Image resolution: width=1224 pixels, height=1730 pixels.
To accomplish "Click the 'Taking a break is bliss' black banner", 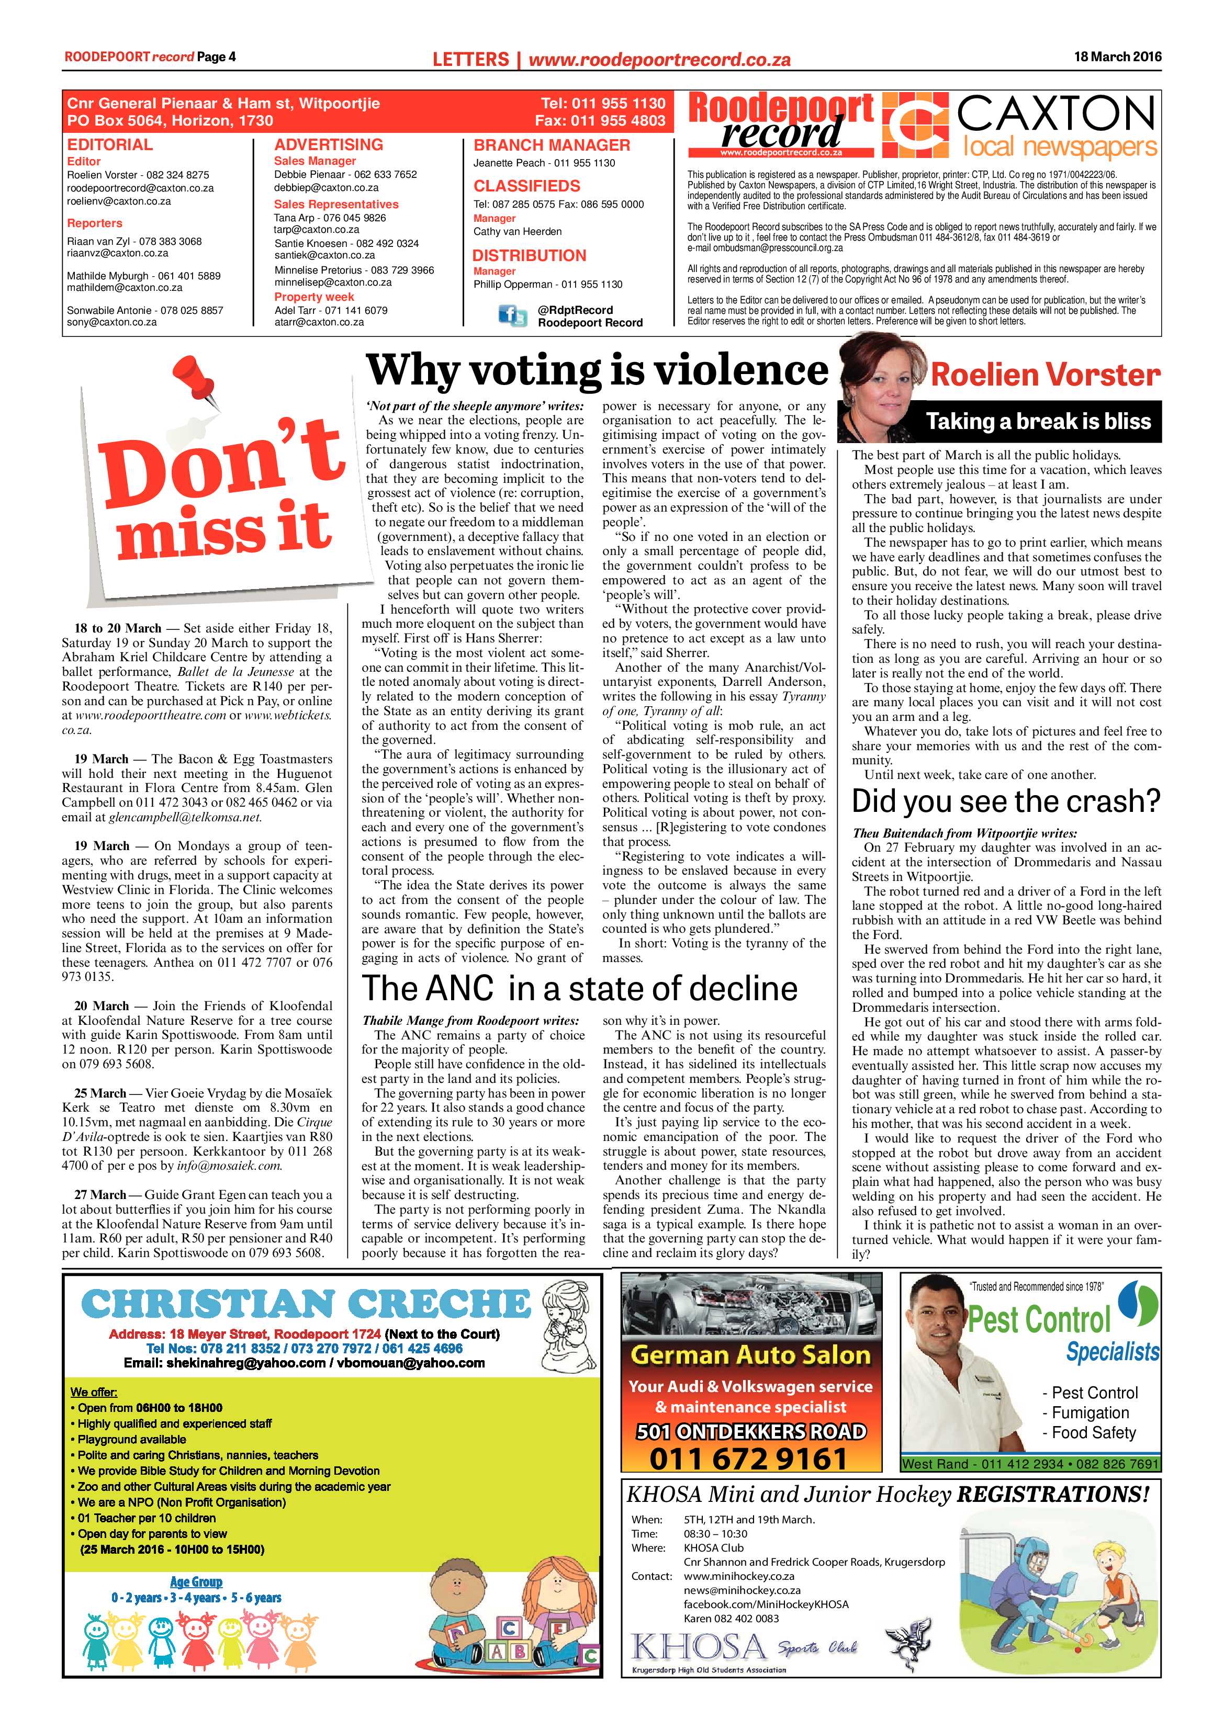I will [x=1038, y=422].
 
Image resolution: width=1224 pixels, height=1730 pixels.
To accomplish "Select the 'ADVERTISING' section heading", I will [x=329, y=145].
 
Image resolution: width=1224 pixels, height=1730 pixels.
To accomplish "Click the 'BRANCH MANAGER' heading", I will [x=551, y=145].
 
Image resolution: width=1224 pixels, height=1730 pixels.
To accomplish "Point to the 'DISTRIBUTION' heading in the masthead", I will [x=529, y=255].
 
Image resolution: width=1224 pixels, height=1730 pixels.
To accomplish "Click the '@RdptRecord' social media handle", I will [x=575, y=310].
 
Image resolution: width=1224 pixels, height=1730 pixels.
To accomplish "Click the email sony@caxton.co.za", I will [x=111, y=322].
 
